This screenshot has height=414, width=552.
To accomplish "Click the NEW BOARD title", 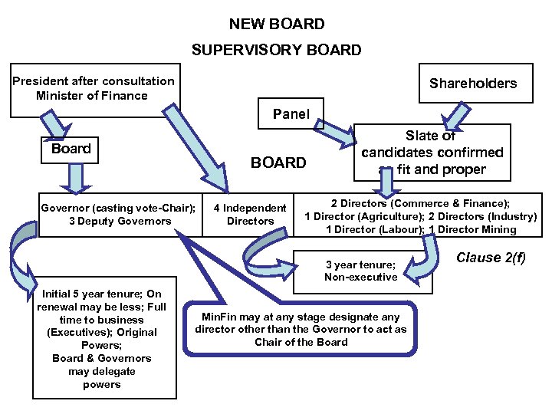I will coord(276,25).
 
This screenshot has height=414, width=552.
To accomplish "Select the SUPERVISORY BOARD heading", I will coord(276,51).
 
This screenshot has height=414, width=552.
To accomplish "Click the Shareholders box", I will coord(472,84).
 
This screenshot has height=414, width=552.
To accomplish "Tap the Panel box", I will coord(291,114).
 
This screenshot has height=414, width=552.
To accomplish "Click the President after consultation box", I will coord(94,89).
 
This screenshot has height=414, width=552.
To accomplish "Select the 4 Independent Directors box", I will coord(250,215).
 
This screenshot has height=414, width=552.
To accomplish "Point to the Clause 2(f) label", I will coord(491,258).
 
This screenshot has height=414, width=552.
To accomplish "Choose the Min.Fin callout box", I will coord(301,329).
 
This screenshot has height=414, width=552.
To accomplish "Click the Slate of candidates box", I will coord(432,153).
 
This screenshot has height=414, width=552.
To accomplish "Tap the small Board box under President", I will coord(71,149).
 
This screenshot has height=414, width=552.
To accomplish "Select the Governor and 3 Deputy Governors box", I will coord(117,215).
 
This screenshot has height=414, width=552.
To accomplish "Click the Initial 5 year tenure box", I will coord(101,339).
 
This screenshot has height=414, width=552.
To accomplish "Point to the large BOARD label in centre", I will coord(278,163).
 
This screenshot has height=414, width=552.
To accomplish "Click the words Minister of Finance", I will coord(92,96).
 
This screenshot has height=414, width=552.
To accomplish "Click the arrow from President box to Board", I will coord(55,123).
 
